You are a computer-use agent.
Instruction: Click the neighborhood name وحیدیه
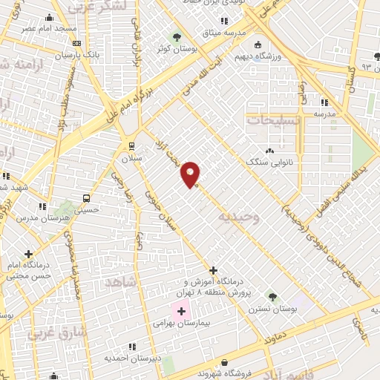coord(237,216)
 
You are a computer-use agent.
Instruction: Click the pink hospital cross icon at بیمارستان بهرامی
coord(181,309)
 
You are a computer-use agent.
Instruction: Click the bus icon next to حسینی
coord(87,198)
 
